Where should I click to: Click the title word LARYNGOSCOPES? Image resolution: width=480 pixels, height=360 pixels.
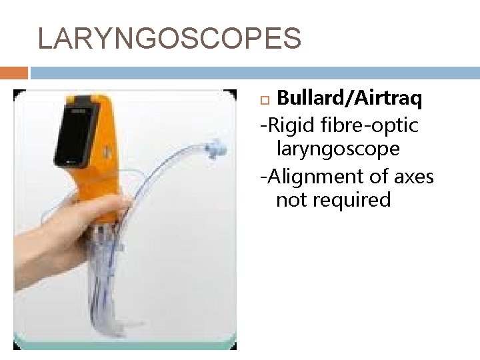169,39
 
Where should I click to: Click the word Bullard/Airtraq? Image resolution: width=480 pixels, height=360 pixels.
349,99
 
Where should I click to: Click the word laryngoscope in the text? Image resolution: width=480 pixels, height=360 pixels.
337,149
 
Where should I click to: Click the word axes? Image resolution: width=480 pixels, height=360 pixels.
411,177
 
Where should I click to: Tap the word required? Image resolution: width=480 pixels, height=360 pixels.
351,199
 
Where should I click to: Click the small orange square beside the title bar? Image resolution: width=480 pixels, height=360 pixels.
13,72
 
